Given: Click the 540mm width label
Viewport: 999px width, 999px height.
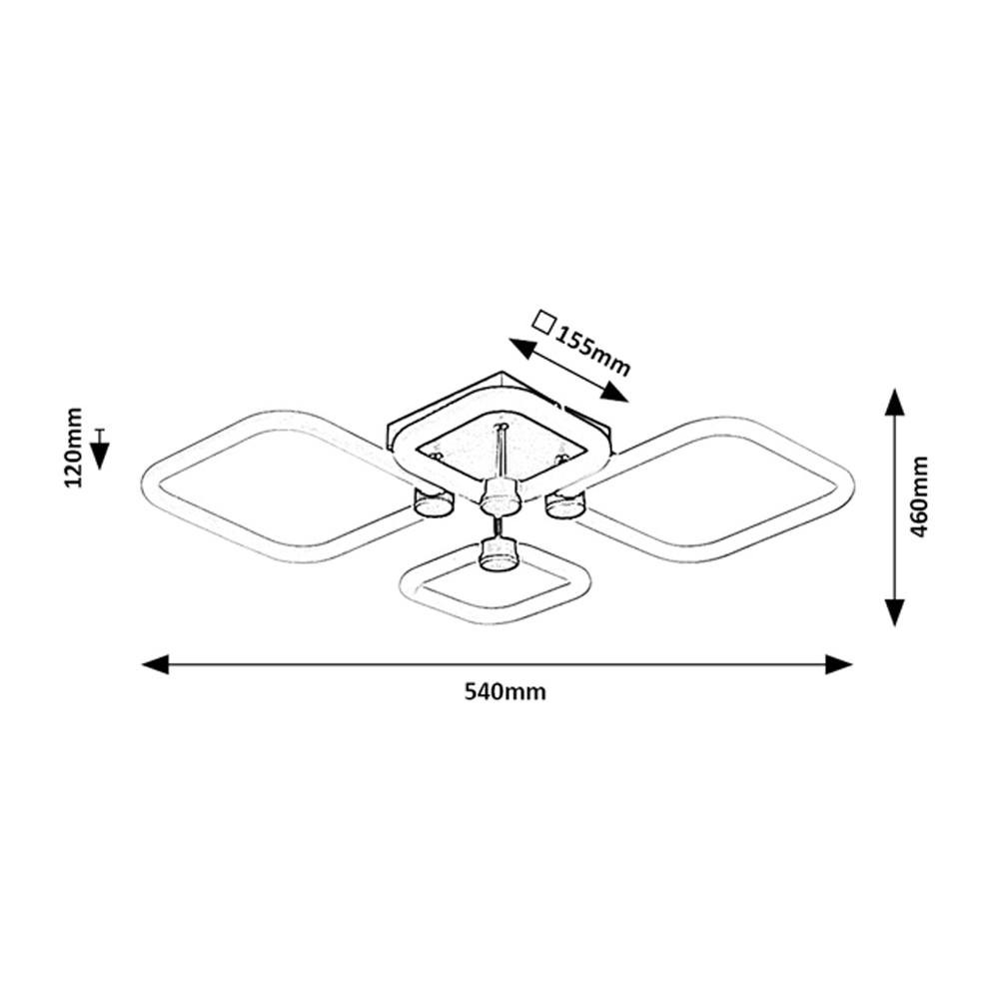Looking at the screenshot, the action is [x=504, y=692].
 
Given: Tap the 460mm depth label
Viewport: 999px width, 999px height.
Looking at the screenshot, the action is [x=919, y=497].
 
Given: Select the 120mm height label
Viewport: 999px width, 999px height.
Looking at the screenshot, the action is [x=74, y=448].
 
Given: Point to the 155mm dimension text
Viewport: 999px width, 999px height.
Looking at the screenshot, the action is [x=592, y=352].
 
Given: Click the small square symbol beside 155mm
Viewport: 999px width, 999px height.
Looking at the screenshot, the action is [x=543, y=323].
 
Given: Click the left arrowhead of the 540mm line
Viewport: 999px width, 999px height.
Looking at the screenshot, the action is [x=156, y=664].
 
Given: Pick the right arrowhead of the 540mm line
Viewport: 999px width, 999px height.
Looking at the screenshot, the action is [x=838, y=664].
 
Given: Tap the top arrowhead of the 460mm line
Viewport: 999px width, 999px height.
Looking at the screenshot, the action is [x=895, y=402].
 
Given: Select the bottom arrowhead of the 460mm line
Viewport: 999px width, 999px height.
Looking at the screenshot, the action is [x=895, y=612].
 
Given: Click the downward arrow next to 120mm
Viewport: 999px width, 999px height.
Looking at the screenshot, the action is [x=100, y=450].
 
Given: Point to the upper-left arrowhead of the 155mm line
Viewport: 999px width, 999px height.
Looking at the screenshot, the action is [x=521, y=348].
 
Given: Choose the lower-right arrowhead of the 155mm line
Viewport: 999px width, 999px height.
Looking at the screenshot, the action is [x=614, y=393].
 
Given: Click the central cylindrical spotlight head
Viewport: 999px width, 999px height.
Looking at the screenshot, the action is [x=499, y=497].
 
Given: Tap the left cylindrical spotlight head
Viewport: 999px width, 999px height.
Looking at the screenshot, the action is [x=434, y=502].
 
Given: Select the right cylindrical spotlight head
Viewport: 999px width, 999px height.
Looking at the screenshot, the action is [x=564, y=503].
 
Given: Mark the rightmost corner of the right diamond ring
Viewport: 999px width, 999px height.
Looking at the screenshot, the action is [x=852, y=486].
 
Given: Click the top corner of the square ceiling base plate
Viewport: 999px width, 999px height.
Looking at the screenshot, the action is [x=500, y=373].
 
